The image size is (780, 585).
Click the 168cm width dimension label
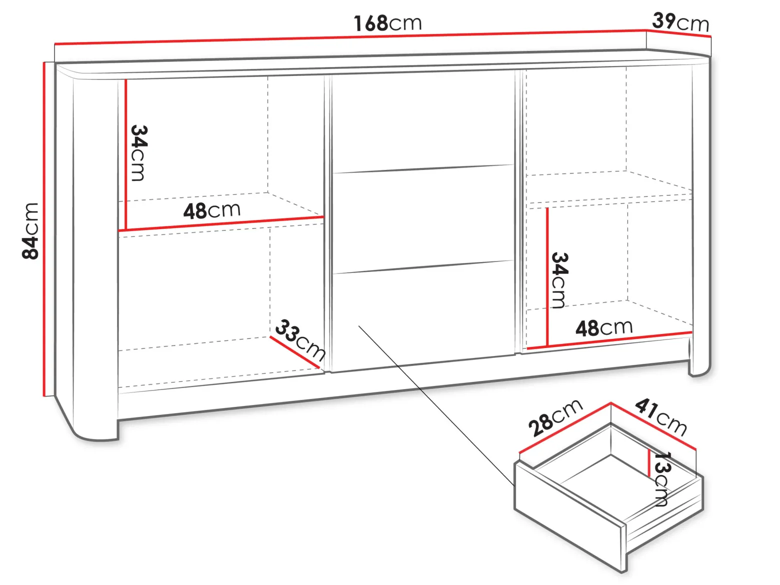coord(387,23)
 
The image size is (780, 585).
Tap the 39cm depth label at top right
coord(680,22)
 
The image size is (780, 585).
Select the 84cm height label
coord(30,231)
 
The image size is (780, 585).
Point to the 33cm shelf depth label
coord(300,340)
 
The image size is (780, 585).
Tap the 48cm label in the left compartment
coord(212,210)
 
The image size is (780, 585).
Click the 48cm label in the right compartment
coord(604,327)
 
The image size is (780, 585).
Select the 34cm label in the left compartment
coord(138,153)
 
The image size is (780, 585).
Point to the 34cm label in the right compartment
coord(559,280)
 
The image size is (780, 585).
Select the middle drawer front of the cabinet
coord(423,219)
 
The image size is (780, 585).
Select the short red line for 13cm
coord(649,463)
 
